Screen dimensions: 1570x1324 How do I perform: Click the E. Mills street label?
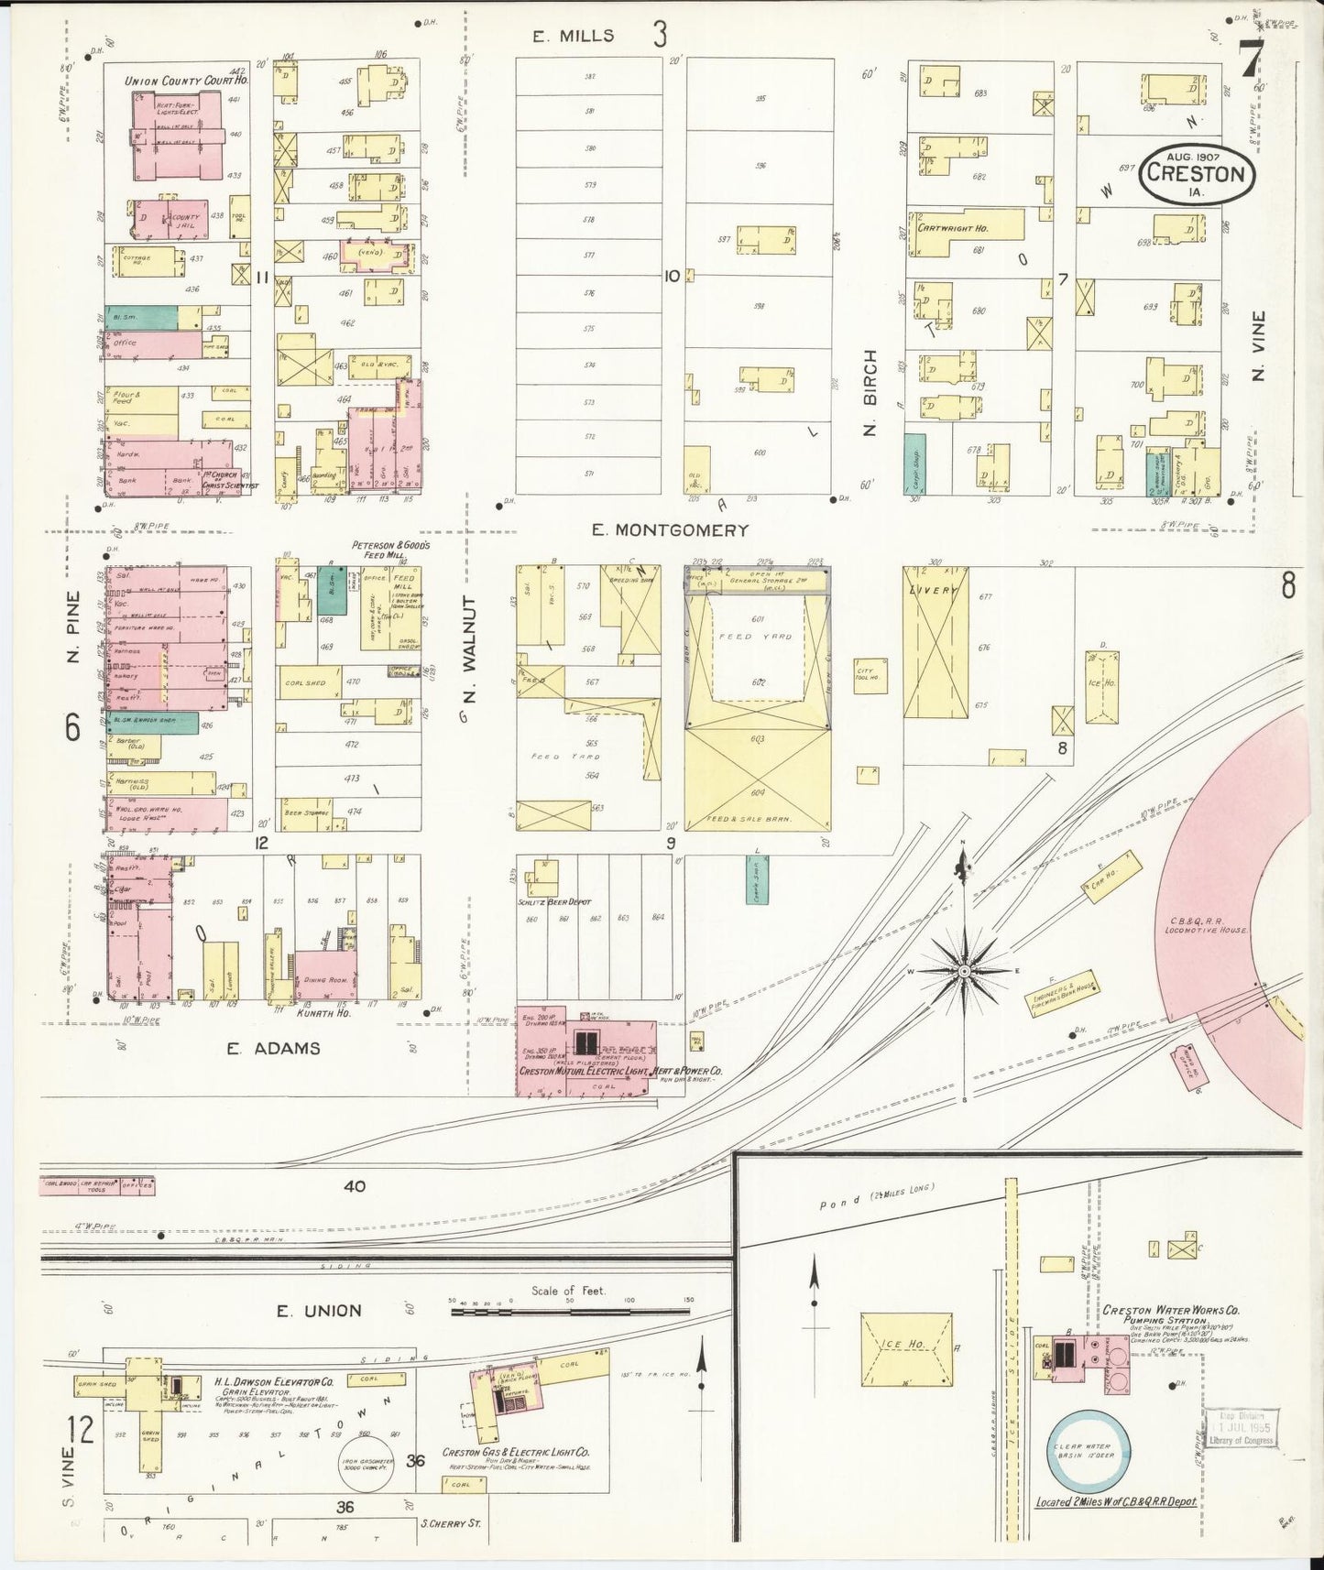point(574,37)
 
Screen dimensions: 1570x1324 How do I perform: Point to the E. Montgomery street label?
point(670,529)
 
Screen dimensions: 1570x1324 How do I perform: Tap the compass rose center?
point(964,969)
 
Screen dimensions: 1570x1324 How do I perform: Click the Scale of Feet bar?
point(569,1312)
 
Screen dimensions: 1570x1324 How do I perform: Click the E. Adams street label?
point(274,1048)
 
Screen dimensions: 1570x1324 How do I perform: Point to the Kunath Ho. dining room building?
point(325,979)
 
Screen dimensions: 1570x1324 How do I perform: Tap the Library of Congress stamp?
point(1242,1434)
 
